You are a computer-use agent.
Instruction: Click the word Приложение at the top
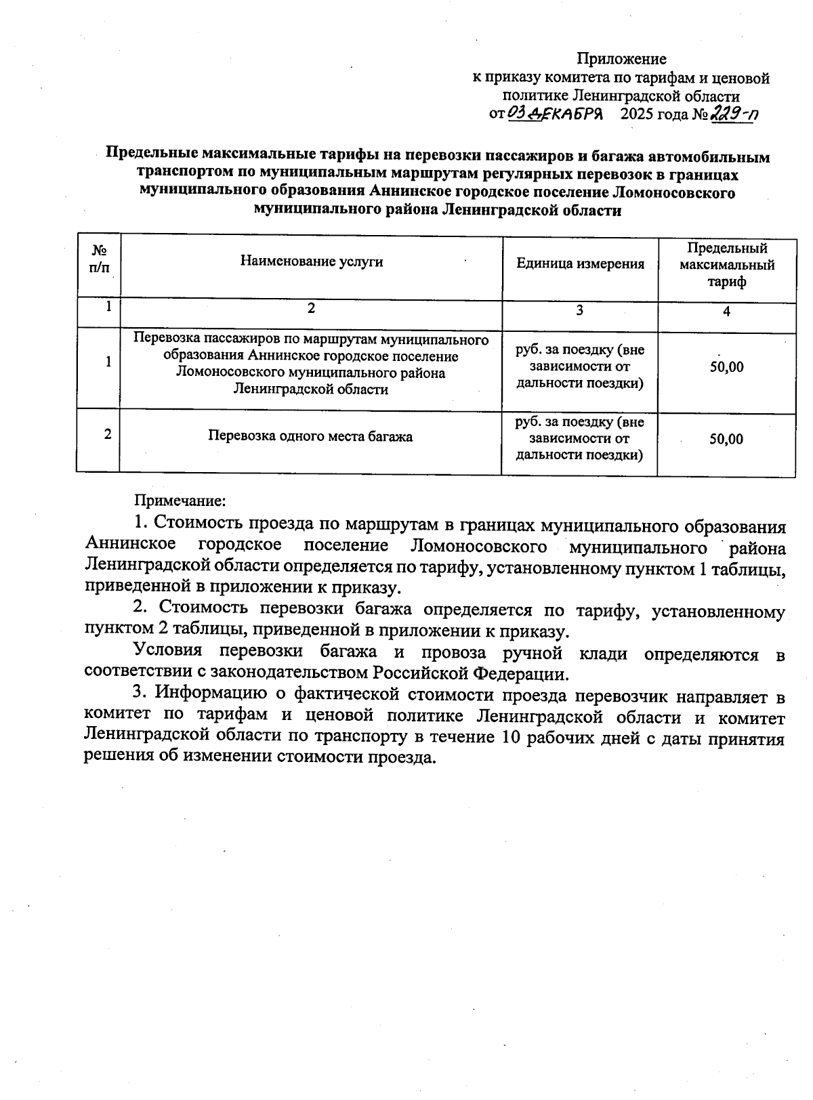point(621,59)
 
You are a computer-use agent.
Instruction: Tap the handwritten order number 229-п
point(733,114)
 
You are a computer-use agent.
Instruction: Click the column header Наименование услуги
point(312,262)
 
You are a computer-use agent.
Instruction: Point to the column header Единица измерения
point(580,264)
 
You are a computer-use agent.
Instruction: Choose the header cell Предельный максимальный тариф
point(727,265)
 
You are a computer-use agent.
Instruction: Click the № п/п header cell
point(99,259)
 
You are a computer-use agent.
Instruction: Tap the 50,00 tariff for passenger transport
point(726,367)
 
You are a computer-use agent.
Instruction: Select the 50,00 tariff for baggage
point(726,440)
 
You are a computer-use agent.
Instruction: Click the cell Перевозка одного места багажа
point(310,436)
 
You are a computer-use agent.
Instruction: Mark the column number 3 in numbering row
point(579,310)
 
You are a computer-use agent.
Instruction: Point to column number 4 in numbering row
point(726,312)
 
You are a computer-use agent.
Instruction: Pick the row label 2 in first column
point(108,434)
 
